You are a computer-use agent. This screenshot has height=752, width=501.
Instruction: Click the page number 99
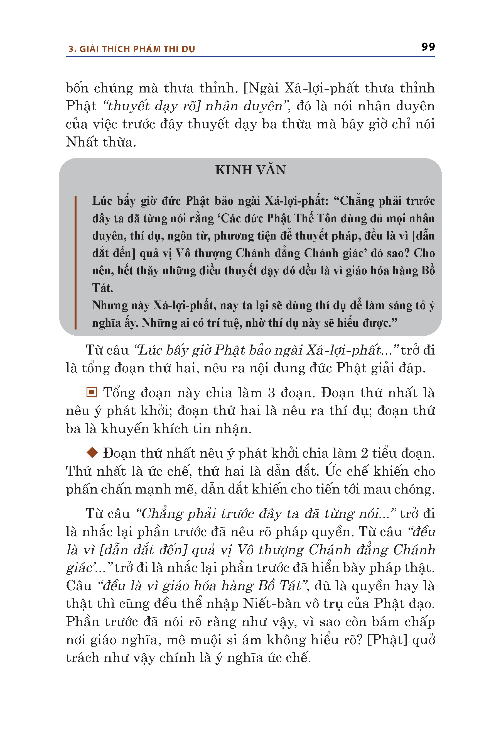[428, 47]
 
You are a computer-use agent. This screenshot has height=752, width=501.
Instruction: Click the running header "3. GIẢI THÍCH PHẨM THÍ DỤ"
[131, 49]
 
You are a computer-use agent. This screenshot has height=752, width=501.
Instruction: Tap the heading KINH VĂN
[250, 170]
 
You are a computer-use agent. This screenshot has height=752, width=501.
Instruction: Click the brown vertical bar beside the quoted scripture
[75, 262]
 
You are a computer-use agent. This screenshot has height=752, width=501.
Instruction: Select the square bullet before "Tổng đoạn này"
[92, 392]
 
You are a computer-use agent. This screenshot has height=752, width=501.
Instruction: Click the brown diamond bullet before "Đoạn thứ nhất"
[92, 452]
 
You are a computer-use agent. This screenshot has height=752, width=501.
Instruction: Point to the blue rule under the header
[250, 57]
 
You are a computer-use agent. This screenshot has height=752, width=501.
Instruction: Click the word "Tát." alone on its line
[102, 288]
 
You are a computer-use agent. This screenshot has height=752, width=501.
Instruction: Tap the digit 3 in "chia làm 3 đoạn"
[271, 393]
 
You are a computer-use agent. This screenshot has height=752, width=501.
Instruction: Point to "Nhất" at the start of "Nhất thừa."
[82, 142]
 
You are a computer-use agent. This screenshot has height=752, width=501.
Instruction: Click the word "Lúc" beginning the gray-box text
[102, 201]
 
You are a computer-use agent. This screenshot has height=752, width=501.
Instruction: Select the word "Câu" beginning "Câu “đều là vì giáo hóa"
[78, 586]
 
